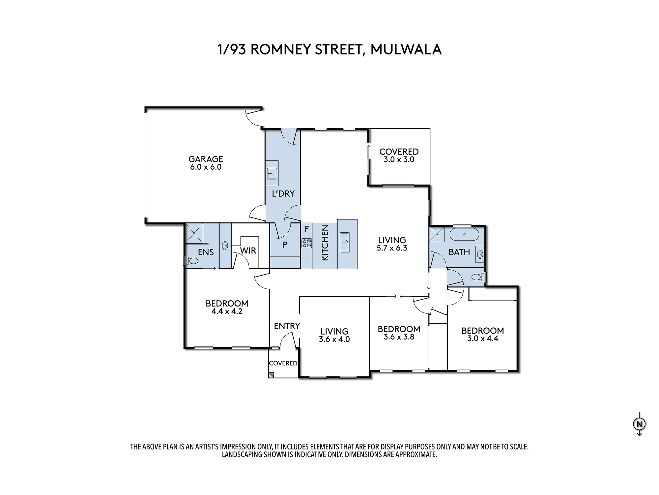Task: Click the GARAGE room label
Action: coord(206,159)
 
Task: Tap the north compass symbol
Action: coord(639,424)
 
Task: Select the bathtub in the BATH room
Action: coord(464,235)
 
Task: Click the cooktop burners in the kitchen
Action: coord(306,244)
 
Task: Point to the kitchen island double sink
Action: coord(345,242)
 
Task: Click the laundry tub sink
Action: coord(272,173)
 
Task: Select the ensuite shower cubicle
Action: coord(194,234)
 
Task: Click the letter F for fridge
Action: coord(306,229)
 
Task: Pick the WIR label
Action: coord(248,251)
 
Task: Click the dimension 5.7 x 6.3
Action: coord(392,248)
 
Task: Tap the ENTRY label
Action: coord(287,326)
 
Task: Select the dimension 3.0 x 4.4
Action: coord(482,339)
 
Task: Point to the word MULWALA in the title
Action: coord(406,49)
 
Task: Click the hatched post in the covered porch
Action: coord(271,375)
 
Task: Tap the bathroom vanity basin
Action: coord(480,254)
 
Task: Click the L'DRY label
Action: coord(283,194)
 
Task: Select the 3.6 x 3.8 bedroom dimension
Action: coord(399,337)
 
